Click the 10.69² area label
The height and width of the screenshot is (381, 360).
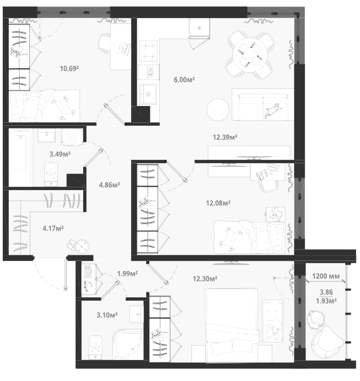coord(69,68)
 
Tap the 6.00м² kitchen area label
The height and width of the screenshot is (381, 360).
coord(184,80)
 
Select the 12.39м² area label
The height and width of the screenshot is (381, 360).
coord(225,138)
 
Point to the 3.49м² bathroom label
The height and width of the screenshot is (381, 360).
coord(60,154)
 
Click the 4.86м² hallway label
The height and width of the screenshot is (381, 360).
coord(109,185)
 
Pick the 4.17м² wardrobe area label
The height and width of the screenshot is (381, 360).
coord(53,228)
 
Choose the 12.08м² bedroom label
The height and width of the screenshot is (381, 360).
coord(218,203)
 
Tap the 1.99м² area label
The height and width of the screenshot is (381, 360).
coord(128,273)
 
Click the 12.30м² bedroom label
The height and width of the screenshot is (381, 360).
coord(205,279)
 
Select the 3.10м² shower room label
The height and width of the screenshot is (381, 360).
coord(107,315)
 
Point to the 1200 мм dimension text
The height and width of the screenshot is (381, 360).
coord(325,276)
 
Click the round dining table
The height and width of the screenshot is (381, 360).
coord(249,55)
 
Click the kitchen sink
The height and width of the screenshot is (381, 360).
coord(148,94)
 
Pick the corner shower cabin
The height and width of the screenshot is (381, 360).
coord(128,344)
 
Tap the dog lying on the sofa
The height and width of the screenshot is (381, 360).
coord(273,111)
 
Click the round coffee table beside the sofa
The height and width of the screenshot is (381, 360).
coord(218,109)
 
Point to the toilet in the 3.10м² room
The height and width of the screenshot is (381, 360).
coord(95,348)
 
